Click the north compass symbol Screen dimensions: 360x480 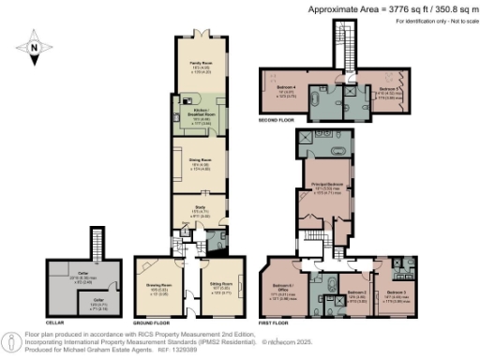[x=35, y=45]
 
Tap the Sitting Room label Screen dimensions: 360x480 [x=220, y=281]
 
